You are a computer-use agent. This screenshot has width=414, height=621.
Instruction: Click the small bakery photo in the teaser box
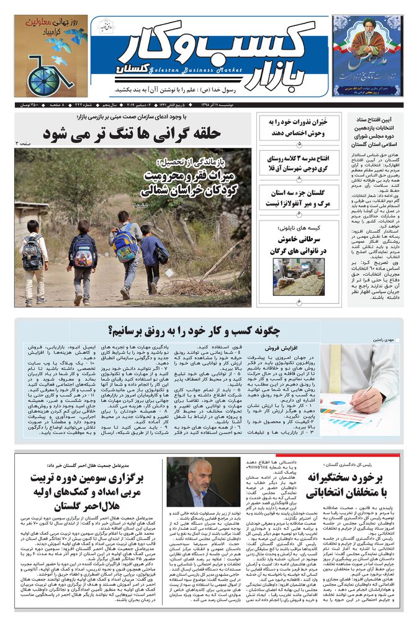click(x=290, y=276)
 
